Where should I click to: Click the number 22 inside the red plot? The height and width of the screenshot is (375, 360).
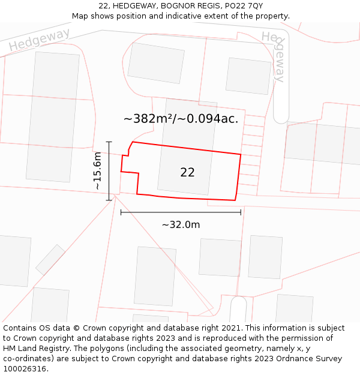[x=187, y=173]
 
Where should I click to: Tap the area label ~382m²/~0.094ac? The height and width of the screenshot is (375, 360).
[x=181, y=119]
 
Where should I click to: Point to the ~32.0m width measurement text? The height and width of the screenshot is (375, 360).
[x=181, y=224]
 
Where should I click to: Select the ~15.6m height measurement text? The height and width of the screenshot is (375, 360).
[x=98, y=171]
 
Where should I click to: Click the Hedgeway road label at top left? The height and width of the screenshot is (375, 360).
[x=39, y=40]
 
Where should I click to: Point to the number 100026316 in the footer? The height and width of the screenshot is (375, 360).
[x=25, y=369]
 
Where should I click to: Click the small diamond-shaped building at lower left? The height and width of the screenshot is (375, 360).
[x=50, y=260]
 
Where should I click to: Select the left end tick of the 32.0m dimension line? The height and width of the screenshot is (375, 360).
[x=121, y=212]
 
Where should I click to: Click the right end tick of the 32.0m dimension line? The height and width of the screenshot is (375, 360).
[x=241, y=212]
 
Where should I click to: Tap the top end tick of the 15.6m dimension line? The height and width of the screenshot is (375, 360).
[x=109, y=142]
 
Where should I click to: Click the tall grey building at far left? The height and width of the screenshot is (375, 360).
[x=53, y=117]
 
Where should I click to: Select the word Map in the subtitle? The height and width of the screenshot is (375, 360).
[x=80, y=16]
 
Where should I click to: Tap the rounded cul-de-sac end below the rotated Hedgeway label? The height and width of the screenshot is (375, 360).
[x=281, y=114]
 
